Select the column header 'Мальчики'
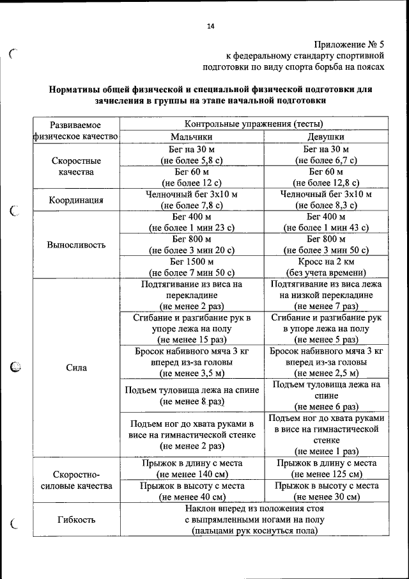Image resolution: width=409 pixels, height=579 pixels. point(192,136)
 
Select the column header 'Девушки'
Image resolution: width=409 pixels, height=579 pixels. point(326,136)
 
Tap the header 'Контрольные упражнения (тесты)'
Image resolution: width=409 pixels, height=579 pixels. point(254,123)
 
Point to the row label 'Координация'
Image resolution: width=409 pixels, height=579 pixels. point(77,200)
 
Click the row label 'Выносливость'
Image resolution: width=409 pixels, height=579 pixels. point(77,244)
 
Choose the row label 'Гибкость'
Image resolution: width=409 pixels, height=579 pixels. point(77,520)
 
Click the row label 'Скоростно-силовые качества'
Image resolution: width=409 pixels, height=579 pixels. point(77,480)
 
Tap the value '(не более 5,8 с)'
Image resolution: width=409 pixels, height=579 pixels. point(192,160)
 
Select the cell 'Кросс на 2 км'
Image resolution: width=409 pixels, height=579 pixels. point(326,262)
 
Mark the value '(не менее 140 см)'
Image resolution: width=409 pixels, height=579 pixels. point(192,474)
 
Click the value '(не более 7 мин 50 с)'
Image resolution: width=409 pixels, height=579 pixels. point(192,273)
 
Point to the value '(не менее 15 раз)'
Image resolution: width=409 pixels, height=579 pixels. point(192,340)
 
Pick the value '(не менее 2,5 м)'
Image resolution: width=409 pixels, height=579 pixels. point(326,373)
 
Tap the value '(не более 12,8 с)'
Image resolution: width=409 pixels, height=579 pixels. point(326,183)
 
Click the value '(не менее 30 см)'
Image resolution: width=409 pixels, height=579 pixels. point(326,496)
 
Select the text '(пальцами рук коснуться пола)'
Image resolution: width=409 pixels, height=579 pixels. point(254,530)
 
